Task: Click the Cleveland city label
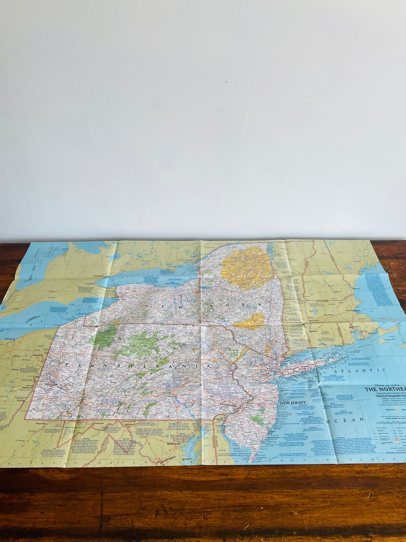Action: point(9,339)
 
